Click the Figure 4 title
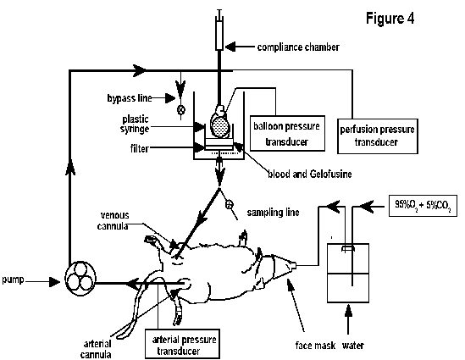coord(390,19)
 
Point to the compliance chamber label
coord(298,47)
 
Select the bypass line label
coord(130,98)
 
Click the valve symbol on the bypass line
coord(181,110)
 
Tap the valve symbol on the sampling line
coord(230,205)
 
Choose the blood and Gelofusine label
coord(310,174)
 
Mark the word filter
coord(140,148)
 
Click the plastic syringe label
coord(135,125)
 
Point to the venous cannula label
coord(113,220)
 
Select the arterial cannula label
coord(97,349)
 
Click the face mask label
coord(315,346)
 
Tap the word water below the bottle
coord(353,346)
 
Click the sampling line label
coord(273,213)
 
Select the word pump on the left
coord(13,280)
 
